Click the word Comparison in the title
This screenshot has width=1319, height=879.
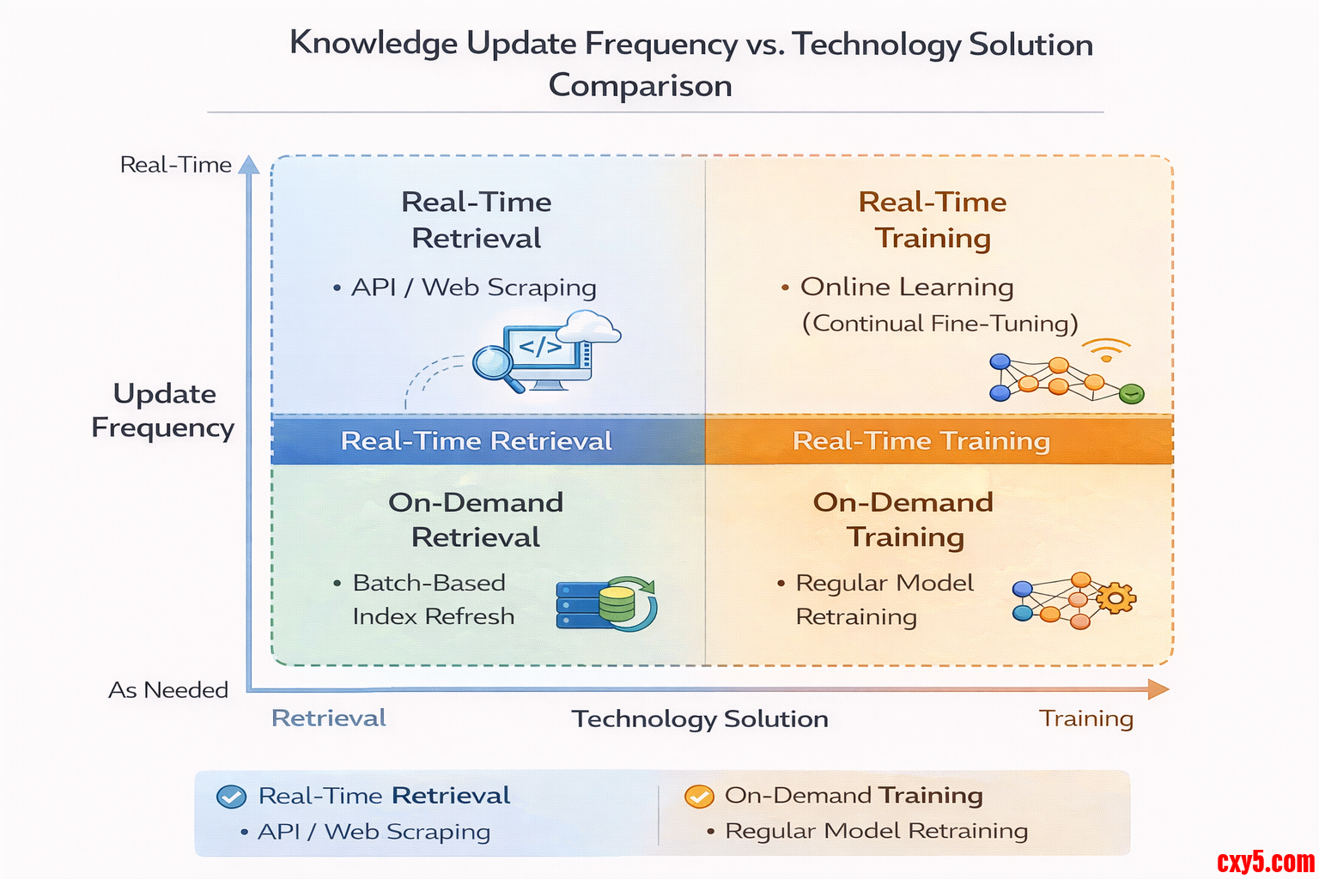(x=640, y=85)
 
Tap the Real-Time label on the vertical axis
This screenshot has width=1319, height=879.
(x=175, y=165)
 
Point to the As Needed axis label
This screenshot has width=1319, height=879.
(x=168, y=689)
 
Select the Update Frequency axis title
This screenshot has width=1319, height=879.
(x=163, y=410)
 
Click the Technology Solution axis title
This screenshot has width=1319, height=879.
(x=700, y=718)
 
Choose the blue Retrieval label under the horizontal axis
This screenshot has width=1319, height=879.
(x=329, y=718)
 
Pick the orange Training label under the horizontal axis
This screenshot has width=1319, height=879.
(x=1085, y=718)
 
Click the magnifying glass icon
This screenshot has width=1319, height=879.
(x=496, y=368)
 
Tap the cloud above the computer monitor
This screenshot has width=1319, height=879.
(x=588, y=327)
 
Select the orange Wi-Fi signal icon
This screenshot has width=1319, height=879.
(x=1106, y=349)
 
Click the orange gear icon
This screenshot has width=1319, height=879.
(x=1115, y=598)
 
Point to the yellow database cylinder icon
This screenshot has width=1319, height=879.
(x=617, y=603)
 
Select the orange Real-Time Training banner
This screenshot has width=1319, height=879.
(x=939, y=440)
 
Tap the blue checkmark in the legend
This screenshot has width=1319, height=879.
(x=231, y=797)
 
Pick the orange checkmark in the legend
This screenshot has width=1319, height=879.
(x=699, y=796)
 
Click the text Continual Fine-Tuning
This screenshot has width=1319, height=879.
(x=940, y=324)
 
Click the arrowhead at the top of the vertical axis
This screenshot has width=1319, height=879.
(x=249, y=164)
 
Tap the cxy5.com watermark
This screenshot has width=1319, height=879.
(x=1266, y=862)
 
